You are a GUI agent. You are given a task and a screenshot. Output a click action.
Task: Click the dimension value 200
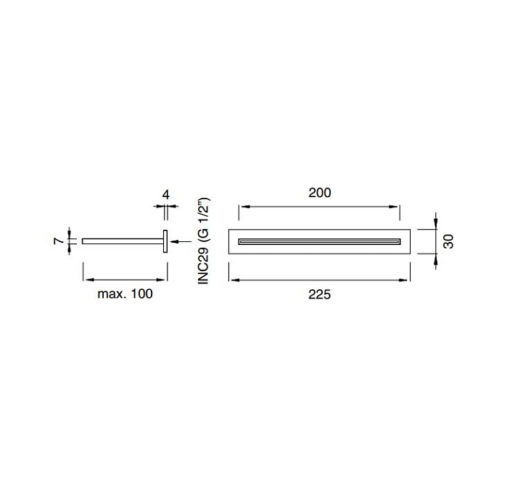click(320, 193)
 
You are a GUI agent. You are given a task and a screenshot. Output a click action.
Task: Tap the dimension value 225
click(320, 294)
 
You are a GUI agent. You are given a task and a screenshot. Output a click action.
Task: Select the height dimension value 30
click(448, 241)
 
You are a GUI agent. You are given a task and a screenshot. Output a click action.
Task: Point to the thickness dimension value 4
click(166, 195)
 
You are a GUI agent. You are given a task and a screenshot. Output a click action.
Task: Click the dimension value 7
click(59, 241)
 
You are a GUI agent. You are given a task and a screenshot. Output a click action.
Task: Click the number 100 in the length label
click(141, 294)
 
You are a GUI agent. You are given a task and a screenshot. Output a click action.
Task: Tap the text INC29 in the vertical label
click(203, 266)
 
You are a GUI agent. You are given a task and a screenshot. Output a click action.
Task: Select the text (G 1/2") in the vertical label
click(205, 220)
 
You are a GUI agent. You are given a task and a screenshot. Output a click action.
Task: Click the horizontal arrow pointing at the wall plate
click(181, 241)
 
